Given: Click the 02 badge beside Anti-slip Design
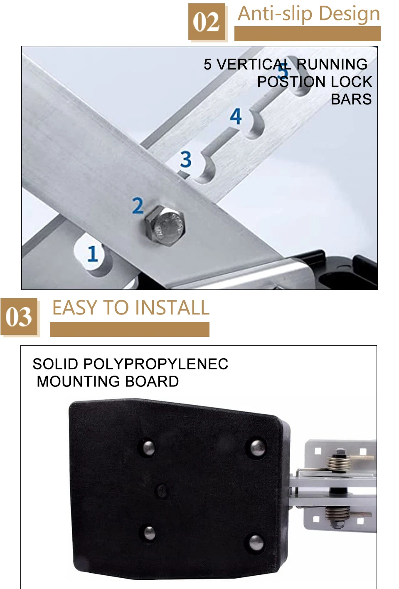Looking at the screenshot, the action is tap(207, 22).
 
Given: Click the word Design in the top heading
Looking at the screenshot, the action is tap(350, 14).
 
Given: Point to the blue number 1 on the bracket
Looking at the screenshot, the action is tap(92, 254).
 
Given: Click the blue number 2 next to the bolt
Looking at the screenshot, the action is tap(138, 205).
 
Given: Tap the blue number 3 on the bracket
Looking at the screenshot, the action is tap(186, 159).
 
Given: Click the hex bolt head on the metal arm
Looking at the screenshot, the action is tap(165, 226).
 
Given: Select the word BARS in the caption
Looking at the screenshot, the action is tap(351, 99).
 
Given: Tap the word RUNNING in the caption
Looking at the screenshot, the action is tap(332, 64).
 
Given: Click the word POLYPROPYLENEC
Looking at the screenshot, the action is tap(156, 364).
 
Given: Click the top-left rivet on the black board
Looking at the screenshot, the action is tap(148, 447).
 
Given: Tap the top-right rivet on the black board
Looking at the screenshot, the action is tap(257, 448).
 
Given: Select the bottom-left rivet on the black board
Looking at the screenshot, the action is tap(150, 533).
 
